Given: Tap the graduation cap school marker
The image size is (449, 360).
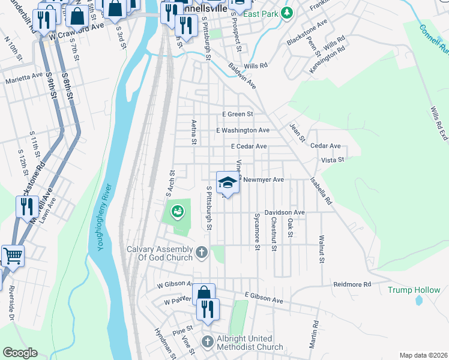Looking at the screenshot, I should click(x=228, y=182).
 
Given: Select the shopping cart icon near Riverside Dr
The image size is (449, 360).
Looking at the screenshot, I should click(x=12, y=256).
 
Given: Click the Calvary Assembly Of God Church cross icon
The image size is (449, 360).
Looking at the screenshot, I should click(x=202, y=252).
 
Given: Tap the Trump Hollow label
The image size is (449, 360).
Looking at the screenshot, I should click(x=414, y=290).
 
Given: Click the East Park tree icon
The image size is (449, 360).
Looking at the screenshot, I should click(x=288, y=13).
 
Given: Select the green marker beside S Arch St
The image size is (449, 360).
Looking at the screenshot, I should click(x=177, y=211).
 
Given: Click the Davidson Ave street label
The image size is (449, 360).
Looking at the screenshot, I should click(x=285, y=212).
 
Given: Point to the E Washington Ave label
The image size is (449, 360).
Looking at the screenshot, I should click(x=243, y=130).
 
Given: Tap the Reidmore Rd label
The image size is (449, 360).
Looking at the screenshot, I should click(x=352, y=284).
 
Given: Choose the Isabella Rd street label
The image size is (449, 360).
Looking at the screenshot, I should click(x=321, y=191).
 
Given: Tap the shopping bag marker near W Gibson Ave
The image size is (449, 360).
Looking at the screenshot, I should click(x=204, y=293).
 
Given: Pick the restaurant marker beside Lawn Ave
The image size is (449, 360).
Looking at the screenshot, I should click(x=27, y=207).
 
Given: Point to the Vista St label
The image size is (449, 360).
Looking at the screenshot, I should click(x=332, y=160).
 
